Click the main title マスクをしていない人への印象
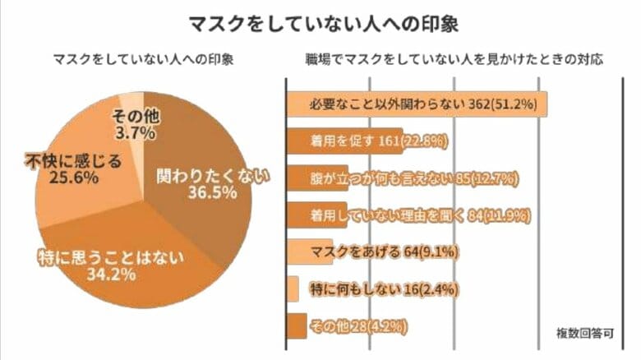(x=320, y=21)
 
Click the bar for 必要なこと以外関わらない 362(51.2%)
(x=416, y=105)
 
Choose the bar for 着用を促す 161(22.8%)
(x=343, y=141)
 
